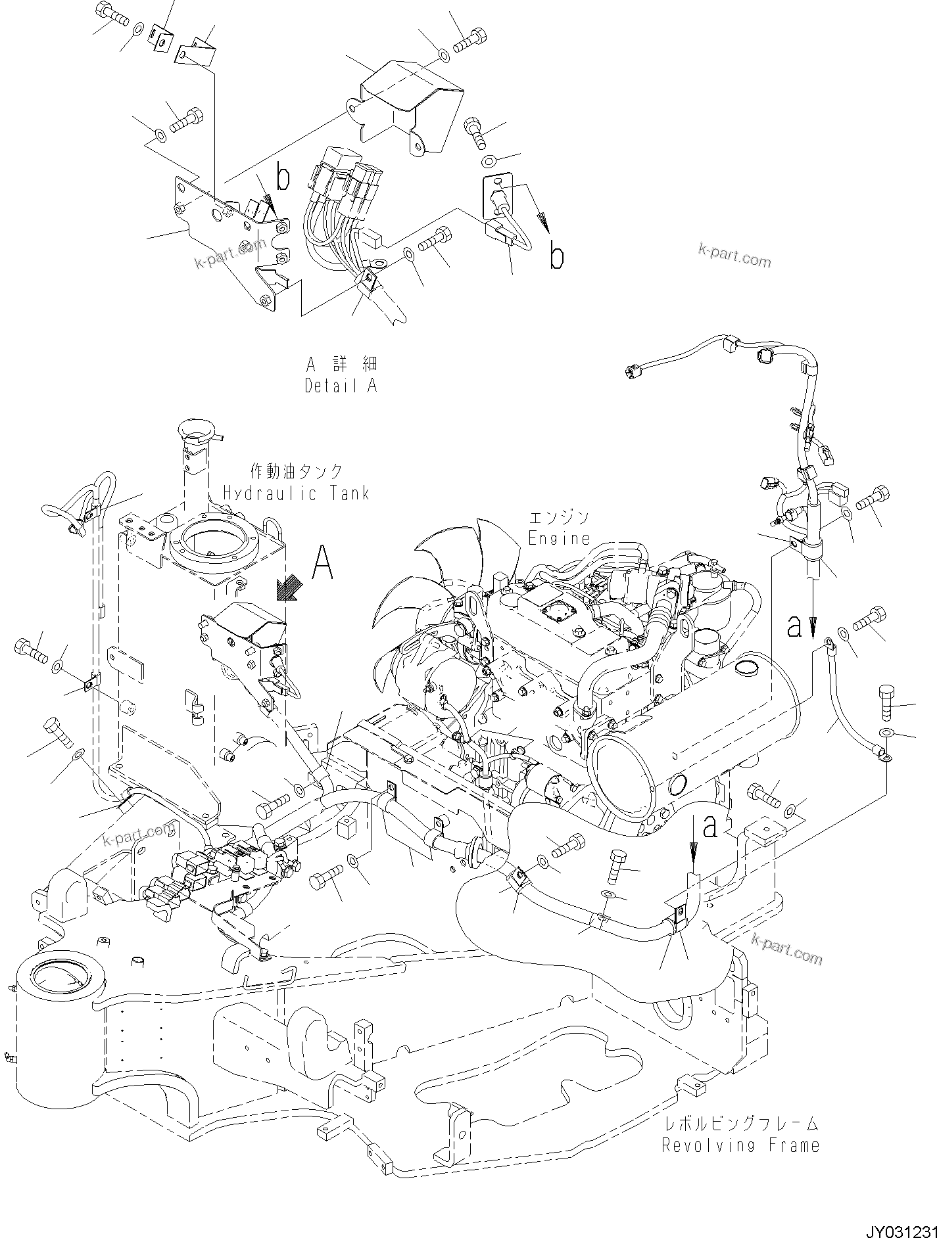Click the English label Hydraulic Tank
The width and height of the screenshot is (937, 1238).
(296, 493)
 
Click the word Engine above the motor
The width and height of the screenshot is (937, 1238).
(560, 538)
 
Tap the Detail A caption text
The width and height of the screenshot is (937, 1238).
(341, 386)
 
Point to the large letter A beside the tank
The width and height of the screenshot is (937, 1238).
(322, 562)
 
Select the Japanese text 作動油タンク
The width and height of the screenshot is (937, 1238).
(297, 471)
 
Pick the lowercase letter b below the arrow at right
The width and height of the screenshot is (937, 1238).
(556, 258)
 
